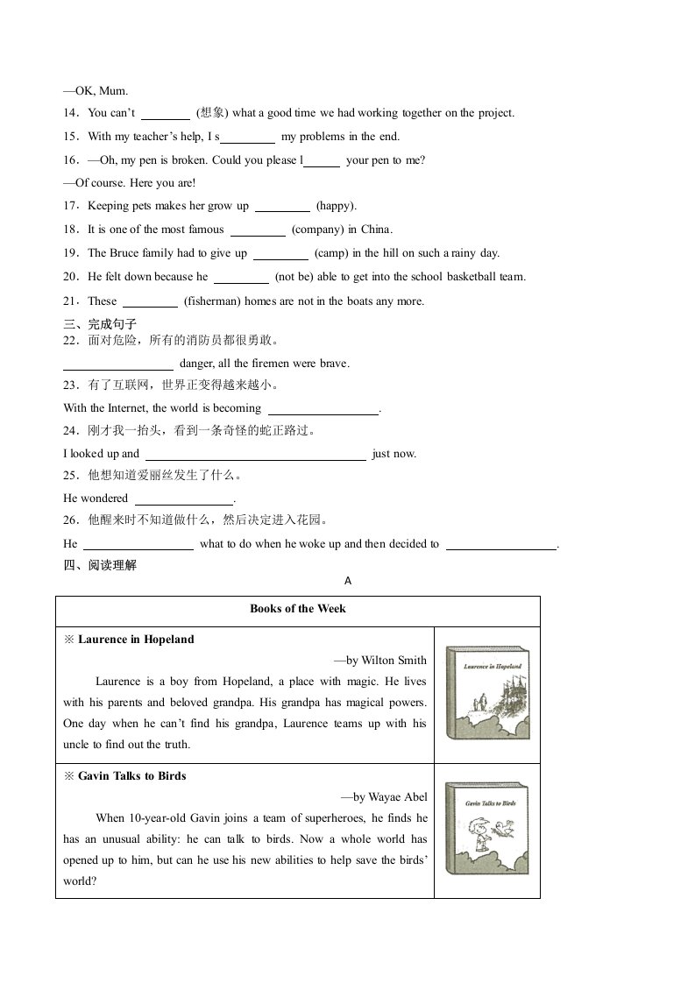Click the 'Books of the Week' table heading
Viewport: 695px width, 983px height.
coord(297,609)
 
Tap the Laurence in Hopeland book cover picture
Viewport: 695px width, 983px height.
coord(487,694)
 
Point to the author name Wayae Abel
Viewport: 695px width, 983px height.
coord(397,797)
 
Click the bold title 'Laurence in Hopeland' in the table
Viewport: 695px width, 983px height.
coord(136,640)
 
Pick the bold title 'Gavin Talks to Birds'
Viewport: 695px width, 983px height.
coord(131,776)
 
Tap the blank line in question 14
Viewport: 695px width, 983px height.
coord(165,114)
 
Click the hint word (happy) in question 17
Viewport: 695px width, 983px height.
coord(336,207)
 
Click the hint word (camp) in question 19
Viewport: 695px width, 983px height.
coord(333,254)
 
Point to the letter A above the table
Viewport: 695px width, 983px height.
coord(347,581)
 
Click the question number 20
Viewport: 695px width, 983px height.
coord(71,278)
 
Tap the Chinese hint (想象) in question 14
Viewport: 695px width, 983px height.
coord(212,113)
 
